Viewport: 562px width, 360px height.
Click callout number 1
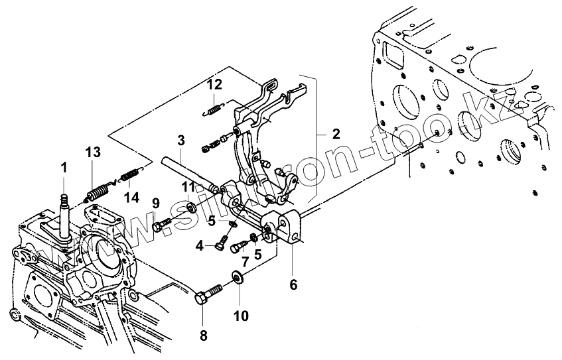(x=65, y=168)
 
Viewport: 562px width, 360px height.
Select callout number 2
(x=336, y=133)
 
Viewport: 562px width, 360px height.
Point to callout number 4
(x=199, y=247)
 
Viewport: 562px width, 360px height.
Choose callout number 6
(x=293, y=285)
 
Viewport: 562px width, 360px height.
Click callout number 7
(x=246, y=263)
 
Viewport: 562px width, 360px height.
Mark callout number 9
(x=156, y=202)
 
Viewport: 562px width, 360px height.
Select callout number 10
(x=240, y=316)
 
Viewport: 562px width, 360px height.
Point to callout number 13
(x=92, y=152)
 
